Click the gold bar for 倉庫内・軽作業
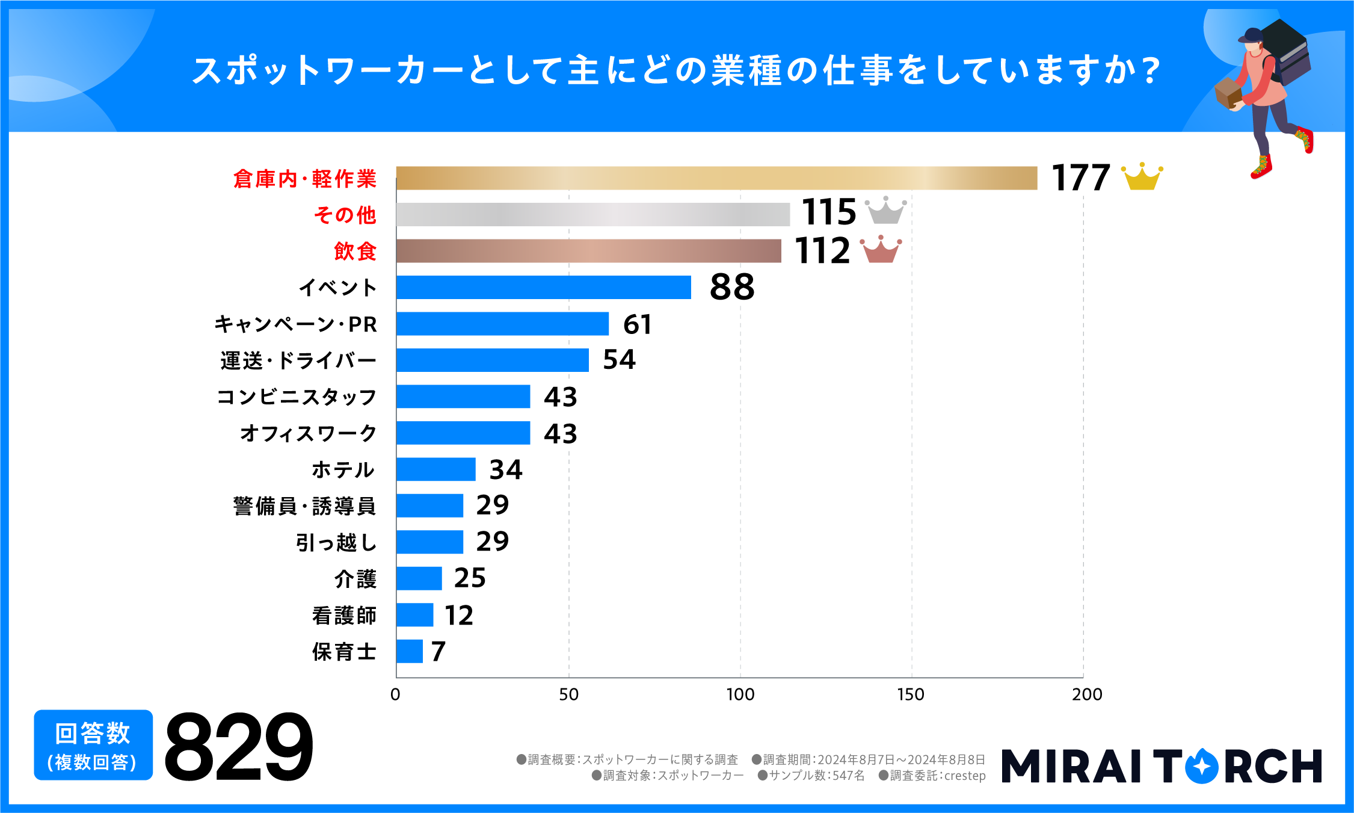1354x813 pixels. tap(716, 178)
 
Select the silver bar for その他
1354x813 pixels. tap(592, 214)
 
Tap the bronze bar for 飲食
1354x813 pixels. tap(588, 251)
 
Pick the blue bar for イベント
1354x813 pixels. tap(543, 287)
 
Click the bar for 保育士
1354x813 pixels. tap(409, 651)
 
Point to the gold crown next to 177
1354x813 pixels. tap(1142, 178)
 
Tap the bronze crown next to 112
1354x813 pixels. tap(881, 249)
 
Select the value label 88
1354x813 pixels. tap(731, 287)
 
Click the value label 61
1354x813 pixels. tap(637, 324)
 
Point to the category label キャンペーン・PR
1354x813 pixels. tap(295, 324)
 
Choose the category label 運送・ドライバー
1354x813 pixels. tap(298, 360)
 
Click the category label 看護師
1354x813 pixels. tap(344, 616)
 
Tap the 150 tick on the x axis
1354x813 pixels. tap(911, 694)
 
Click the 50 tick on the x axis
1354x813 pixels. tap(568, 694)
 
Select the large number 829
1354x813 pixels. tap(238, 747)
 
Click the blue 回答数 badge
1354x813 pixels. tap(93, 745)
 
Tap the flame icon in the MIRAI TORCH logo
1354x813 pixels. tap(1201, 765)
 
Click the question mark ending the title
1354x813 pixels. tap(1151, 70)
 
